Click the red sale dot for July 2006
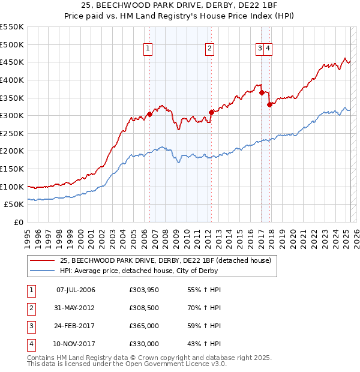149,114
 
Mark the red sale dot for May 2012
211,112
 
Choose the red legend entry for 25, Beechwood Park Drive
165,260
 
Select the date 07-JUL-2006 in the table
76,290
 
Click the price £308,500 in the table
143,308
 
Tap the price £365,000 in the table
143,326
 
